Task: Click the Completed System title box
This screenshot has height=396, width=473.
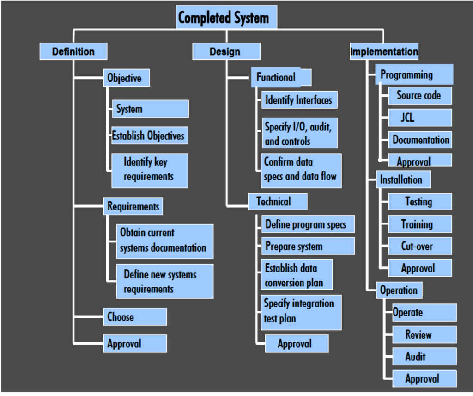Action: pos(226,18)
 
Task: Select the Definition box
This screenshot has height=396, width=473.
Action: pos(73,51)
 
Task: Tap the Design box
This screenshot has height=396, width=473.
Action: pos(226,51)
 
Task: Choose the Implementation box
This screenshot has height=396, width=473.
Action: pos(384,51)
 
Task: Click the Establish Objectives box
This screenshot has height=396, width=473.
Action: pos(149,136)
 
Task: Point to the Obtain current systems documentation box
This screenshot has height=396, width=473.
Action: pos(165,241)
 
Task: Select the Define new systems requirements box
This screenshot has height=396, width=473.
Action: pos(165,281)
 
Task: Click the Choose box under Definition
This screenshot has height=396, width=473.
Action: pos(134,317)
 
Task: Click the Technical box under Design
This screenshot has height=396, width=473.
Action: pos(277,202)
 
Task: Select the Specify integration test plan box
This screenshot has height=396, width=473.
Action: pos(301,312)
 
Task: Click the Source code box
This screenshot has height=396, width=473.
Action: pos(419,96)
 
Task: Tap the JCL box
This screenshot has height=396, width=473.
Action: pos(419,118)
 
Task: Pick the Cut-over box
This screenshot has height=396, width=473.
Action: pos(419,246)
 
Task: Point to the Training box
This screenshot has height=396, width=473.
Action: pos(419,224)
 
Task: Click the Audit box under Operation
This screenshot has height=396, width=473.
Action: pos(424,357)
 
